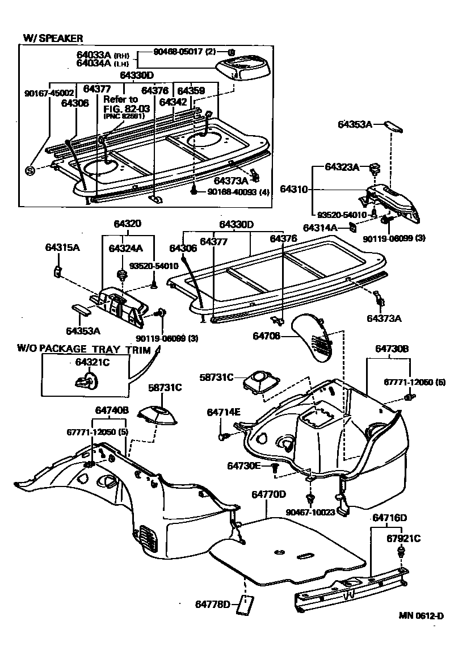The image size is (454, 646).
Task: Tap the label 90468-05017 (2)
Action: point(184,52)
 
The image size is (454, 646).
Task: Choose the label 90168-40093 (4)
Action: point(238,192)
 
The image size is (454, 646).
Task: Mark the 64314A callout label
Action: point(320,228)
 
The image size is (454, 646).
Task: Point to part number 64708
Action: point(268,337)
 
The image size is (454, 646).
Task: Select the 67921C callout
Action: point(403,538)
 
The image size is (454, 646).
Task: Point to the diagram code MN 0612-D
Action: point(421,616)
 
